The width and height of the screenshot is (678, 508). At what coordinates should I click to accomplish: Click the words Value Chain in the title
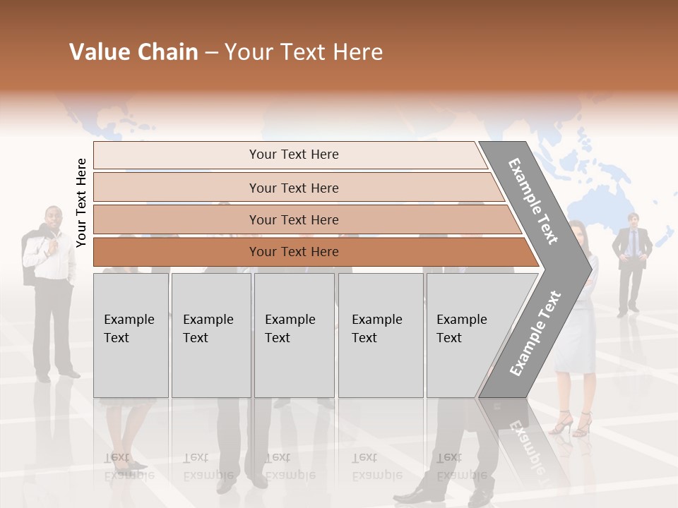point(133,52)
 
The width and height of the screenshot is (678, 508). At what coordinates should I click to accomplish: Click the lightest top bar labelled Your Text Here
point(293,155)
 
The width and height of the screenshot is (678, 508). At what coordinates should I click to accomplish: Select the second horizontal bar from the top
point(293,188)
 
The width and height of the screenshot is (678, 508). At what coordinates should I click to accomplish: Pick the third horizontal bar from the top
point(293,219)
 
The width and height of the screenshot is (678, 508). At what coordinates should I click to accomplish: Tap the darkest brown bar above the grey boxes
point(293,252)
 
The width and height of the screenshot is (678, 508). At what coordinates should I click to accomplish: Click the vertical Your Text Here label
point(81,203)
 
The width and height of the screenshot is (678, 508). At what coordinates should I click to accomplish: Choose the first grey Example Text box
point(131,335)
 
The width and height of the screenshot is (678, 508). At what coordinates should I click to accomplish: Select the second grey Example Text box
point(210,335)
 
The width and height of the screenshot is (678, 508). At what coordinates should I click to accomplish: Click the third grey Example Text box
point(294,335)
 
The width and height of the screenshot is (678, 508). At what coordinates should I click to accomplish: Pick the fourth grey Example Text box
point(380,335)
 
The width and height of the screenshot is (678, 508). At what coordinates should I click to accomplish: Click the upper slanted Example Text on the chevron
point(533,200)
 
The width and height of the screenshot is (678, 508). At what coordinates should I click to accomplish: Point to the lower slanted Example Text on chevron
point(535,333)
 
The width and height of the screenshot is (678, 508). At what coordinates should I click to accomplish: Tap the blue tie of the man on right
point(633,242)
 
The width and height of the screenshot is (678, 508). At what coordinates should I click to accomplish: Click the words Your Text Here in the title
point(304,52)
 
